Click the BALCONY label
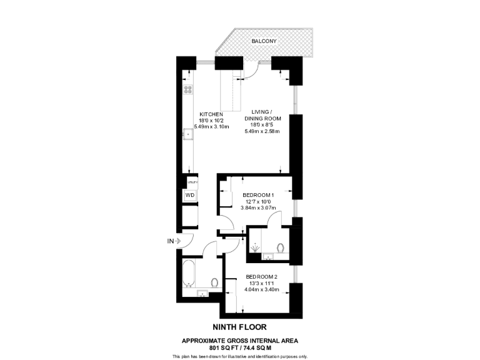[264, 41]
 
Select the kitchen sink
[187, 133]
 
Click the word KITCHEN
[211, 114]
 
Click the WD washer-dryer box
[189, 196]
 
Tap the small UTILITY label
[192, 182]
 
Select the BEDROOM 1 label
[259, 195]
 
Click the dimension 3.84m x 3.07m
[259, 208]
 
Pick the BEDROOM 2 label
[261, 277]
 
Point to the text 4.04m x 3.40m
[261, 289]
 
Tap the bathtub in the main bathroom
[189, 274]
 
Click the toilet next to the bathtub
[214, 282]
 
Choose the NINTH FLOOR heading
[240, 326]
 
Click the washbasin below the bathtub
[202, 294]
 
